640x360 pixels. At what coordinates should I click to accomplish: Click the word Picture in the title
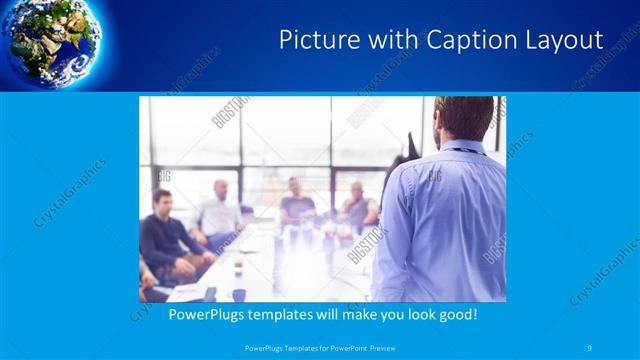pos(313,40)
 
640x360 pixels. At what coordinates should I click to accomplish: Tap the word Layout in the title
pos(566,40)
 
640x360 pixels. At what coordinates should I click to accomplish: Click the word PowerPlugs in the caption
pos(203,314)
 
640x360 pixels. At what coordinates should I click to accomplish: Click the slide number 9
pos(590,347)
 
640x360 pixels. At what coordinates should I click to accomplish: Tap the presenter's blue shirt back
pos(440,220)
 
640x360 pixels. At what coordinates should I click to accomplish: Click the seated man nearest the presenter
pos(358,205)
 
